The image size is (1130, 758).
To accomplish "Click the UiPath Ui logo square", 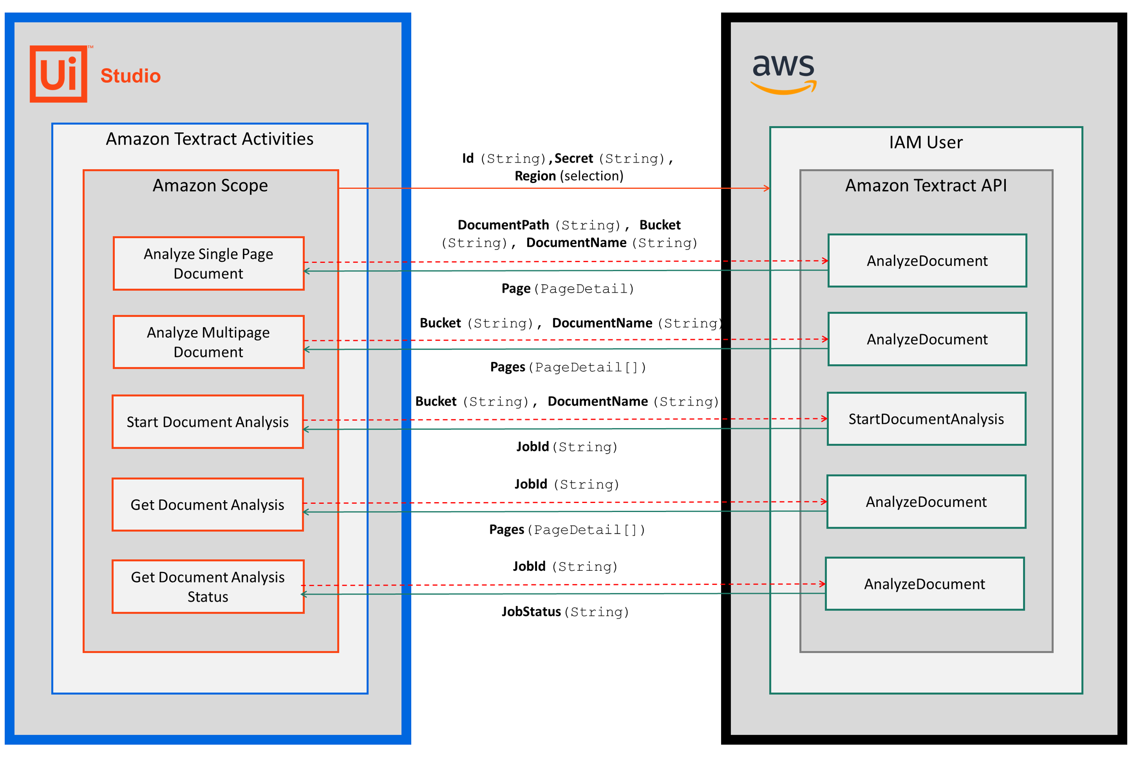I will [58, 74].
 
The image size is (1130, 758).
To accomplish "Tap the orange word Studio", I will [130, 76].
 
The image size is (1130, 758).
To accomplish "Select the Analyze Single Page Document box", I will [209, 263].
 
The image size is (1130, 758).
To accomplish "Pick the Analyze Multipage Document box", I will [209, 342].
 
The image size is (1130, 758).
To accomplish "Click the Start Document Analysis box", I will [207, 421].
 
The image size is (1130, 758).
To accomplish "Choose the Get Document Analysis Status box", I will [207, 587].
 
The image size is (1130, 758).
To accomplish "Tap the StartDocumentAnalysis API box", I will [925, 419].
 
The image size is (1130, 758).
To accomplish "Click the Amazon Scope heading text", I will [210, 185].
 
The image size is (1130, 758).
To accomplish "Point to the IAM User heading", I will [925, 142].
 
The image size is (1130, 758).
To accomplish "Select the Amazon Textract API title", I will [925, 185].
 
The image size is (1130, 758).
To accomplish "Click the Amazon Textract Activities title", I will [209, 139].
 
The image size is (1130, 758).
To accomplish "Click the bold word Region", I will [535, 175].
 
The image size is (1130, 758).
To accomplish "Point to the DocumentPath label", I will [503, 225].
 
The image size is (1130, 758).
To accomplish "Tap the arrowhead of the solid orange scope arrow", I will [767, 188].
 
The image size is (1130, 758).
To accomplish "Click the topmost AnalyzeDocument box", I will [927, 261].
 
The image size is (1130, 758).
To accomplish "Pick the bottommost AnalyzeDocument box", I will [924, 583].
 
